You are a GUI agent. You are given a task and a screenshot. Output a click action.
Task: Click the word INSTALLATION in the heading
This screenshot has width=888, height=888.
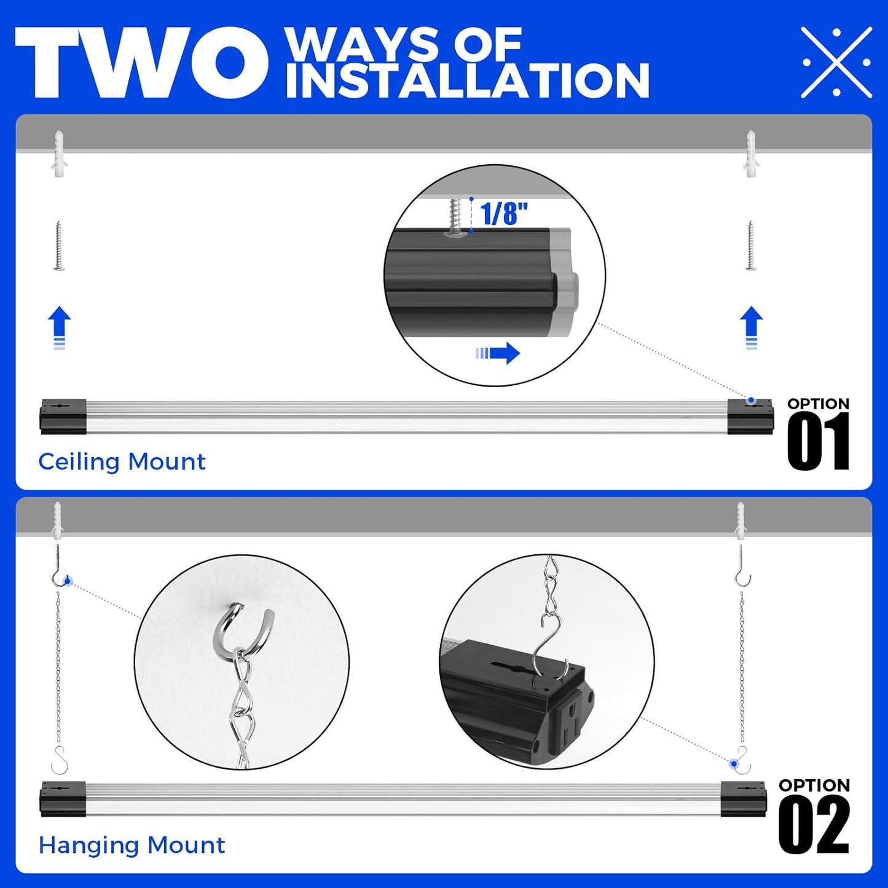(467, 81)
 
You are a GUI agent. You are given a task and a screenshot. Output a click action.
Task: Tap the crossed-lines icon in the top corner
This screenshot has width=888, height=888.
(836, 62)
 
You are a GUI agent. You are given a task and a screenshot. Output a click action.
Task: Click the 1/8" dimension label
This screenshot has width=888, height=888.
(504, 214)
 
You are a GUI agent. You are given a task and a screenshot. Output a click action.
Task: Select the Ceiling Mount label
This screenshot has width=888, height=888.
(122, 462)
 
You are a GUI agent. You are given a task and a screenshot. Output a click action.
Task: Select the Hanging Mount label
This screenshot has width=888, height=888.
(132, 845)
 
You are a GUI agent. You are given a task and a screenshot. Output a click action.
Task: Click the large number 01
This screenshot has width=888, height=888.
(818, 442)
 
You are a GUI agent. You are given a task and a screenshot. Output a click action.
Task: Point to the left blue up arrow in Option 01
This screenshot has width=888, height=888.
(59, 328)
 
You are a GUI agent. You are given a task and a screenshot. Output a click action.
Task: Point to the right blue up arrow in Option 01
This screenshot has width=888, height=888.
(751, 328)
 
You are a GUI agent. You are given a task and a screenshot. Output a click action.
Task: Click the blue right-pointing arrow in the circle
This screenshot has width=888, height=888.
(498, 353)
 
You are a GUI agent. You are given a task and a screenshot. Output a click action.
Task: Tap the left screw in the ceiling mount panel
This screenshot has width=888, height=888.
(59, 246)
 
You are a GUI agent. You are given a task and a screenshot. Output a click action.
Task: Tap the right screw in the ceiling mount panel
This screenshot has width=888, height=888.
(750, 246)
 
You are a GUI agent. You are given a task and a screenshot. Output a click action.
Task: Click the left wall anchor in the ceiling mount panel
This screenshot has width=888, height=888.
(59, 154)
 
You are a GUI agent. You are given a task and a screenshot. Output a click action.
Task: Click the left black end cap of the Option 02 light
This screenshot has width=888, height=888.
(63, 799)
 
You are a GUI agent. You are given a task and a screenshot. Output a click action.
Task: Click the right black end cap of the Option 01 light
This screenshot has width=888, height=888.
(750, 417)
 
